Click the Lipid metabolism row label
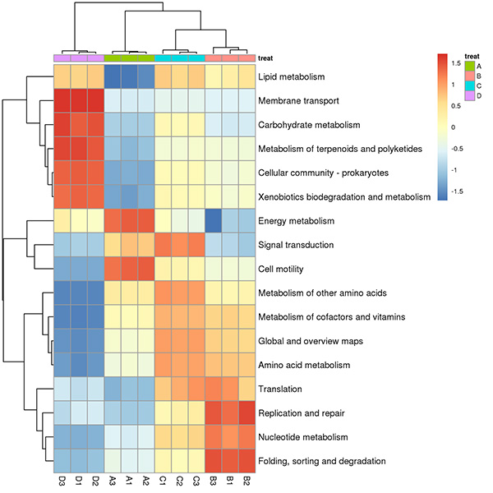pos(291,76)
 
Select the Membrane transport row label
pos(298,100)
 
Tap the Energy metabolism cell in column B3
pos(213,221)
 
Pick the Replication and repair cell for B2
pos(246,412)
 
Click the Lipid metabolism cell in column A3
pos(113,76)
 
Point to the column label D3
pos(62,481)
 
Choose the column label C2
pos(179,481)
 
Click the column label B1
pos(230,481)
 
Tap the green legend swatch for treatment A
pos(470,66)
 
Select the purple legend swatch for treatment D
pos(470,96)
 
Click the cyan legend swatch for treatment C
pos(470,85)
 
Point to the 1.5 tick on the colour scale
pos(456,63)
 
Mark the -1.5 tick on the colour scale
pos(457,191)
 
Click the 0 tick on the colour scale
pos(454,127)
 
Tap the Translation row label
pos(280,389)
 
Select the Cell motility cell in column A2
pos(146,269)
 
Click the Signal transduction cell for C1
pos(163,245)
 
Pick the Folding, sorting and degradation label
pos(321,461)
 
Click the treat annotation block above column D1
pos(79,58)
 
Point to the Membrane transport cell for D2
pos(95,100)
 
